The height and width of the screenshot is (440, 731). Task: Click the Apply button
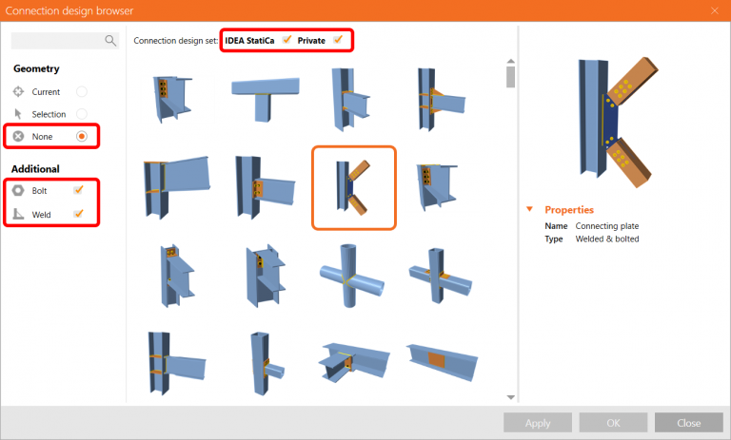538,423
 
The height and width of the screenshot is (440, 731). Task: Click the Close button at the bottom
688,423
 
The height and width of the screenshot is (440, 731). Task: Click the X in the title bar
715,10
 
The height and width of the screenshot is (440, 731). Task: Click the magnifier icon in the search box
110,41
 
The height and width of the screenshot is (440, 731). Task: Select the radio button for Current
82,92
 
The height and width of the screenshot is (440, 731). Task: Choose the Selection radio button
82,114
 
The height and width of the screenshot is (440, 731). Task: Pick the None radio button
82,137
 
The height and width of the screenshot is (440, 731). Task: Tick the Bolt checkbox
79,190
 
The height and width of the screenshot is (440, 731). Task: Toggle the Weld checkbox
79,214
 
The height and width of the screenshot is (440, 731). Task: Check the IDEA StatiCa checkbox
286,40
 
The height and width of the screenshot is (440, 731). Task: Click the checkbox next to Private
338,40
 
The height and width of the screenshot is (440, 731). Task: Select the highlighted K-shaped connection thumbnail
354,187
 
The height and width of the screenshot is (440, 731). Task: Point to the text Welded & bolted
607,239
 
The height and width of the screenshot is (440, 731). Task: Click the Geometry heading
36,68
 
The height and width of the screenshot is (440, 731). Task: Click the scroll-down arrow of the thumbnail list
511,396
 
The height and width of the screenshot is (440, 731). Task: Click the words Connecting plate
607,226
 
